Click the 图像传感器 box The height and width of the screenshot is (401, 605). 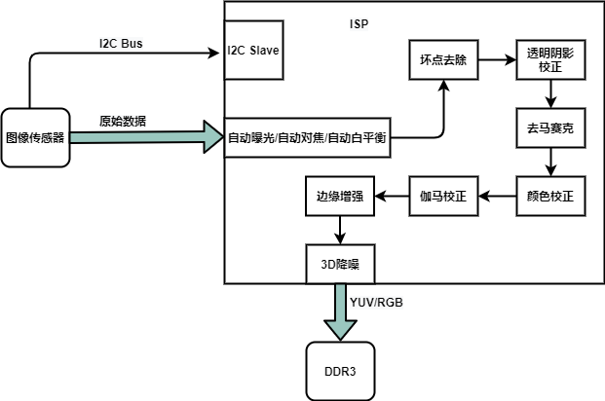[x=35, y=137]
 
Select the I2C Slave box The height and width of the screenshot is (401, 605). [x=253, y=51]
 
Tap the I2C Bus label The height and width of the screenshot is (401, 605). [x=121, y=45]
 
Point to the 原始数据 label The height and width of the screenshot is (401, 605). [x=124, y=122]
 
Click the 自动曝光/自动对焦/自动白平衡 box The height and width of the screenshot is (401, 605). [x=308, y=138]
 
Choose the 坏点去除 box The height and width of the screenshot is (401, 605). [x=443, y=59]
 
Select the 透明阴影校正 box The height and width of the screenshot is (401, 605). [x=551, y=59]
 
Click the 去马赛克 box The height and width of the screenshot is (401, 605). [x=551, y=128]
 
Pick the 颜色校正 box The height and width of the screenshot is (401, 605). [x=551, y=196]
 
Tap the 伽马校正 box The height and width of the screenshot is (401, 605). [x=443, y=196]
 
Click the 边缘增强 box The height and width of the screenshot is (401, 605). [x=339, y=196]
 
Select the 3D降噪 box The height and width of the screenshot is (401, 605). [x=339, y=262]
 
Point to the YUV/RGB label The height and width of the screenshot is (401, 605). [x=376, y=303]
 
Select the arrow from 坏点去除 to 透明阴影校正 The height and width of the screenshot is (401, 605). [x=497, y=59]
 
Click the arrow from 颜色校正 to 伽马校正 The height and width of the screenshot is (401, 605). [x=497, y=196]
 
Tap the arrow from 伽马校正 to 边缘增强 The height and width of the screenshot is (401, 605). [x=392, y=196]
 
